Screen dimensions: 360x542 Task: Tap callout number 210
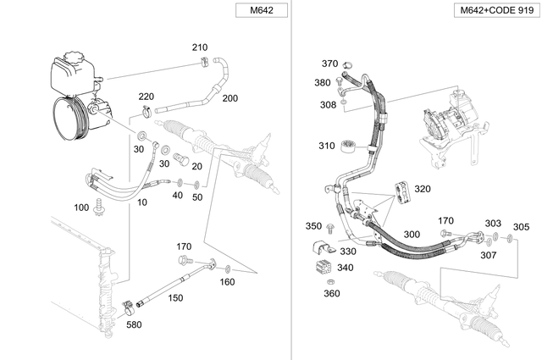199,47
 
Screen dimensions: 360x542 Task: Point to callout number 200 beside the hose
230,98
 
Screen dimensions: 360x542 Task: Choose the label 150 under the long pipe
174,298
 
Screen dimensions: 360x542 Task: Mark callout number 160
227,281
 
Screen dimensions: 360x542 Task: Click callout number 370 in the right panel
329,64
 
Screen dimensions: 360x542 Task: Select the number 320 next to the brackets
423,189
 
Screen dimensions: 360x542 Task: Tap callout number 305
521,226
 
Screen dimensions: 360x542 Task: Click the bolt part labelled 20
179,158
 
